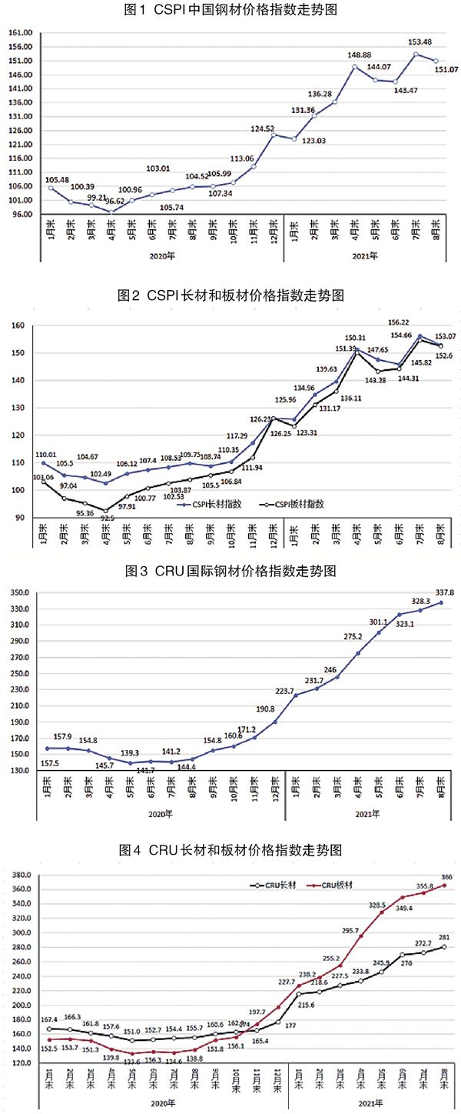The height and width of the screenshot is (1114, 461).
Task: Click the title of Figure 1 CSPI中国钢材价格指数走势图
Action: coord(230,10)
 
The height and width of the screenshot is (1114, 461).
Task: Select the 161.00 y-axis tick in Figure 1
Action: coord(20,33)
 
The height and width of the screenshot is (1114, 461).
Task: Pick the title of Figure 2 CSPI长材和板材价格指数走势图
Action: coord(230,295)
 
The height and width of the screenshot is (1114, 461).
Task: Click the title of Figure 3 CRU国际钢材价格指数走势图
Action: coord(230,572)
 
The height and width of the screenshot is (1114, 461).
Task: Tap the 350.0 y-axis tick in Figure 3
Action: coord(20,592)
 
